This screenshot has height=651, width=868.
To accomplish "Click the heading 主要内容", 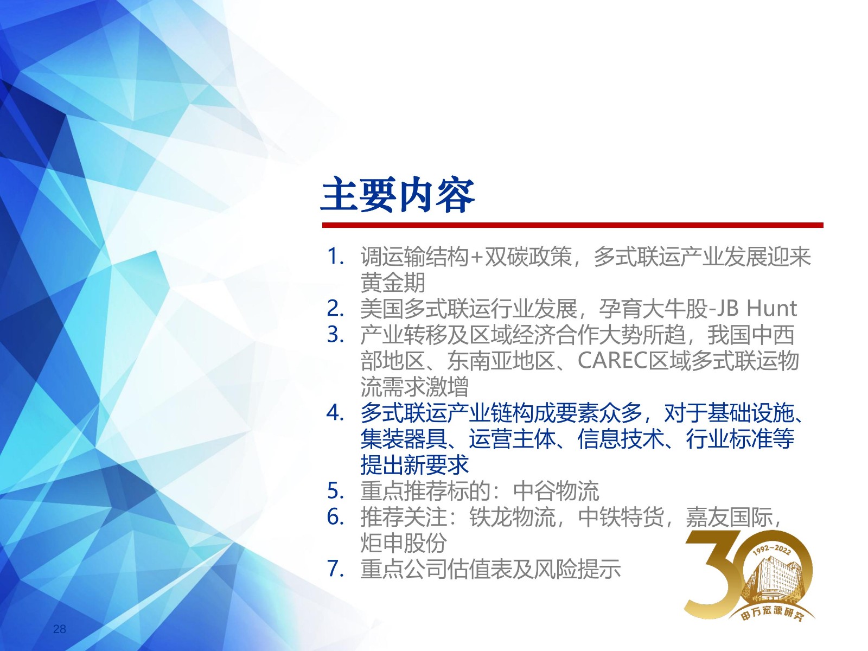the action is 398,195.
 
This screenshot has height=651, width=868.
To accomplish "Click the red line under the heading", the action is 572,225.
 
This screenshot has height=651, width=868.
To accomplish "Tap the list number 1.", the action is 335,257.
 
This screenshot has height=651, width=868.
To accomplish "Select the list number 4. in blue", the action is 335,413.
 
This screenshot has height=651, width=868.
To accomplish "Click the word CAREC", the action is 612,360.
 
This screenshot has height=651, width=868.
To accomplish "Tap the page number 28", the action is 59,629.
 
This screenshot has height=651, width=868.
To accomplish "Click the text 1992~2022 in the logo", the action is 771,550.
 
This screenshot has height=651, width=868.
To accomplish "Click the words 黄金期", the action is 393,283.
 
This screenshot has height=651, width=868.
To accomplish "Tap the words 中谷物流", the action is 556,492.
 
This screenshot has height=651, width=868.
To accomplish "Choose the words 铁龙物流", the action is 513,517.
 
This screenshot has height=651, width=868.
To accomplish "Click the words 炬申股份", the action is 404,542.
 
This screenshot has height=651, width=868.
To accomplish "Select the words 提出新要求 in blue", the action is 414,465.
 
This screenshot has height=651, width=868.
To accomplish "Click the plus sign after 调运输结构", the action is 476,257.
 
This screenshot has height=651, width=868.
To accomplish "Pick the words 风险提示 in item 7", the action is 578,569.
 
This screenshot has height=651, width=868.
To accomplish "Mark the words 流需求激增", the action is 414,387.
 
